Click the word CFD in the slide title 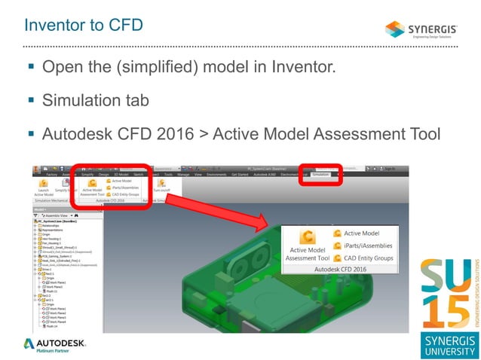coord(124,26)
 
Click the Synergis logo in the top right coord(426,29)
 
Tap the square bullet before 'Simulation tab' coord(31,99)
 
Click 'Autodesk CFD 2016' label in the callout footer coord(339,269)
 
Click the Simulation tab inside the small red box coord(320,174)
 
